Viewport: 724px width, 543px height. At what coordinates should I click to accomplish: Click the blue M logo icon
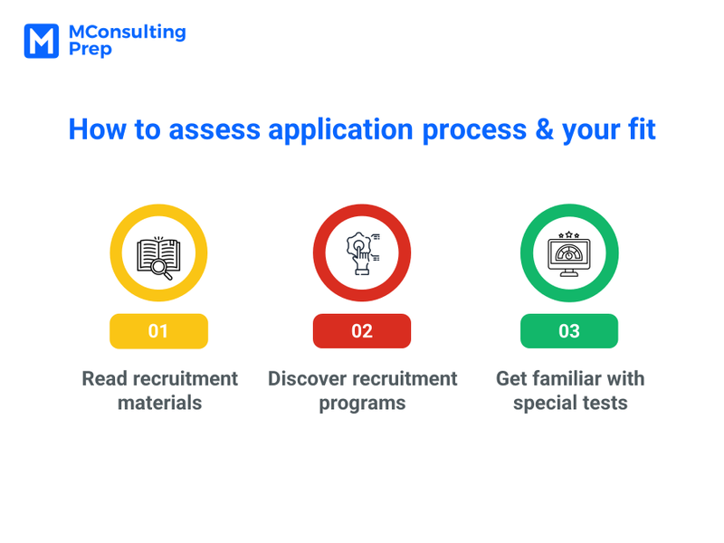(x=42, y=41)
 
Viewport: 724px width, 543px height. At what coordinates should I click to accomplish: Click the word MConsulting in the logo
(x=127, y=33)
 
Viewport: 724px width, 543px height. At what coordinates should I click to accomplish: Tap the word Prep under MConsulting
(x=90, y=51)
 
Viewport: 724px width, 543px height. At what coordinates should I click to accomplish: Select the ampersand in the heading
(x=543, y=129)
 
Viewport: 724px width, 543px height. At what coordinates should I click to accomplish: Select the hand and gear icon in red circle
(x=362, y=252)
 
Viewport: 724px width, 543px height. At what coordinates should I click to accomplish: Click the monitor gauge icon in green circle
(x=569, y=254)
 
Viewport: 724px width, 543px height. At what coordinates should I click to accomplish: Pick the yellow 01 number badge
(x=158, y=331)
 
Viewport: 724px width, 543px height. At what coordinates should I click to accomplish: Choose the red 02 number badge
(x=362, y=331)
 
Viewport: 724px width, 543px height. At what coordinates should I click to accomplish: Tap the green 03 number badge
(x=569, y=331)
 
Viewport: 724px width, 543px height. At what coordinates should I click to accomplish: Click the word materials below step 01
(x=159, y=403)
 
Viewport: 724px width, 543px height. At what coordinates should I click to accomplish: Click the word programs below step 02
(x=362, y=404)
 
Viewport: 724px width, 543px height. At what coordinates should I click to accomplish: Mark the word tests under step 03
(x=605, y=403)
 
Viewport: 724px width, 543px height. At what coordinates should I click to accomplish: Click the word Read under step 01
(x=103, y=378)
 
